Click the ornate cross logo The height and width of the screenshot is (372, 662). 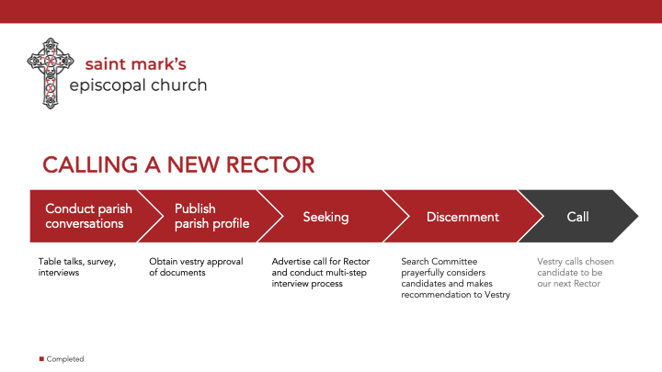pos(51,73)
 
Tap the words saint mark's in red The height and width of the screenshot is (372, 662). pos(135,64)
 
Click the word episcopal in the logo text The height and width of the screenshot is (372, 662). pos(108,85)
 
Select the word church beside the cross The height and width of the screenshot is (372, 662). pos(179,85)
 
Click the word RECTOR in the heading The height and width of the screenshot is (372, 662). pos(270,164)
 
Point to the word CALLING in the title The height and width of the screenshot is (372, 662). pos(90,164)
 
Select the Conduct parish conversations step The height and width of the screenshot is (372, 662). pos(88,216)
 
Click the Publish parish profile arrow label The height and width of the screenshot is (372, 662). pos(212,216)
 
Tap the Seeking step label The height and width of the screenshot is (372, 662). pos(325,217)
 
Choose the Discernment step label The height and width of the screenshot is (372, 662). pos(462,217)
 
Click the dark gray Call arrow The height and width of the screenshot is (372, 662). pos(578,216)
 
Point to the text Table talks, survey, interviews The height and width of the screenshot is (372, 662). pos(77,267)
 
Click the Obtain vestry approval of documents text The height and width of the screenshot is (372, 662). pos(196,267)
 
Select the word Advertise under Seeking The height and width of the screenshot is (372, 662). pos(291,262)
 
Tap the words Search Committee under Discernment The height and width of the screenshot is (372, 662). pos(439,262)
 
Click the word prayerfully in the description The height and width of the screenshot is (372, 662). pos(423,273)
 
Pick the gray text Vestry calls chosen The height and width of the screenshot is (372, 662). pos(576,262)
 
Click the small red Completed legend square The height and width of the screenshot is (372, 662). pos(41,359)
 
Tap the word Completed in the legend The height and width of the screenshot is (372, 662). pos(65,359)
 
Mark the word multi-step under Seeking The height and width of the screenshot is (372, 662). pos(348,273)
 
